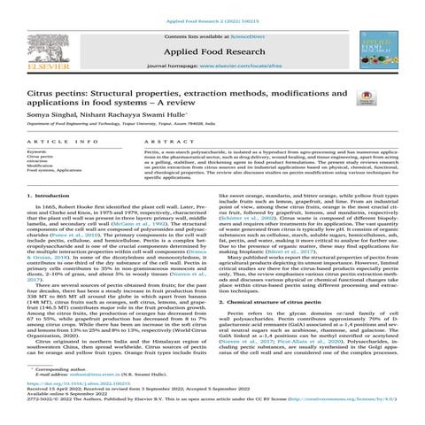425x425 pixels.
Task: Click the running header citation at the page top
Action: [212, 5]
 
